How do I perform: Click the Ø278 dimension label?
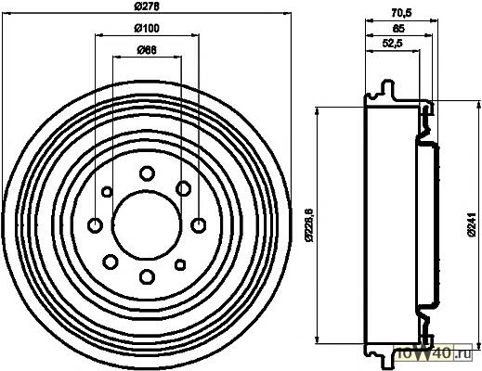click(x=147, y=6)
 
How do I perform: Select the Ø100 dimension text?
click(x=147, y=29)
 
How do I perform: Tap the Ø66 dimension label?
click(x=147, y=50)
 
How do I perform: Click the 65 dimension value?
click(x=398, y=29)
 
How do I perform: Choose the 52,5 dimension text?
click(x=392, y=44)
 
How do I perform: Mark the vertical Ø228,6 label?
click(x=309, y=224)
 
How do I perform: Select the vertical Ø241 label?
click(x=472, y=224)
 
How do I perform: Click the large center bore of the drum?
click(x=147, y=224)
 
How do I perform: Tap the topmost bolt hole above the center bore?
click(x=147, y=173)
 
